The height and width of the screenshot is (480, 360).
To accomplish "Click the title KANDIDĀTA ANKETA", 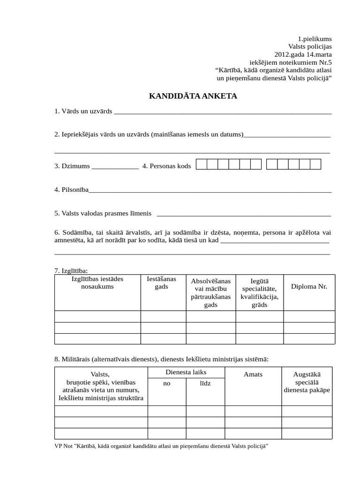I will pyautogui.click(x=193, y=96).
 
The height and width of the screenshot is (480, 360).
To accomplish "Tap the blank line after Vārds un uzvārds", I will pyautogui.click(x=223, y=112).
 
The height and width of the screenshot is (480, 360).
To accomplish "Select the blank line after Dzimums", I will pyautogui.click(x=115, y=166).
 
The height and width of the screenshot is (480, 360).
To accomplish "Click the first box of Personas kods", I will pyautogui.click(x=201, y=164).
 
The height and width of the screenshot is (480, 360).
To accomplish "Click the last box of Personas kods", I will pyautogui.click(x=315, y=164).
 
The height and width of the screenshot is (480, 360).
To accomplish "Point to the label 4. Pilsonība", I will pyautogui.click(x=71, y=190).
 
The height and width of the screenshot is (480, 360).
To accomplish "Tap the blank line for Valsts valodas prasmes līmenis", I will pyautogui.click(x=244, y=214).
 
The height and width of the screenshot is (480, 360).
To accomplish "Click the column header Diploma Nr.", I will pyautogui.click(x=309, y=286).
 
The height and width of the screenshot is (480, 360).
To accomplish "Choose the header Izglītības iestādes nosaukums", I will pyautogui.click(x=97, y=283).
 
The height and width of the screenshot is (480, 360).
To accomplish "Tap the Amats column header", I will pyautogui.click(x=253, y=374).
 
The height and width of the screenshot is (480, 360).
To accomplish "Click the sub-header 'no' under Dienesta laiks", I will pyautogui.click(x=166, y=383).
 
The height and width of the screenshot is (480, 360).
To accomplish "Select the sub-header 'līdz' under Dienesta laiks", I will pyautogui.click(x=205, y=383).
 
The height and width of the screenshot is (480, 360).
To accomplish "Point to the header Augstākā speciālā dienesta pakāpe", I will pyautogui.click(x=307, y=382).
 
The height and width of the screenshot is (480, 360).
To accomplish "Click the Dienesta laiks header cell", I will pyautogui.click(x=186, y=372).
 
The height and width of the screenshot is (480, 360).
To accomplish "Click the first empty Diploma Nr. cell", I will pyautogui.click(x=309, y=316).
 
